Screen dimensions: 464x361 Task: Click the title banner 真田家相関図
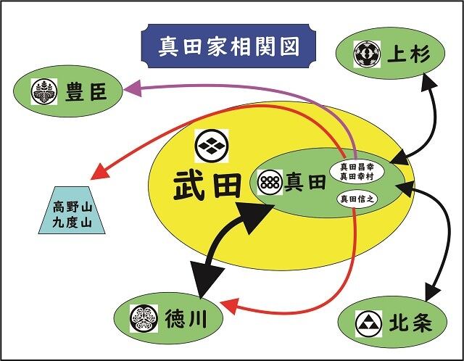pyautogui.click(x=228, y=46)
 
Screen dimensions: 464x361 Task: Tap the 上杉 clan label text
pyautogui.click(x=408, y=54)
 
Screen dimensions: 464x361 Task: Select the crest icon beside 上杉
pyautogui.click(x=367, y=54)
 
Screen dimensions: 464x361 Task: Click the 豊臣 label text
pyautogui.click(x=86, y=91)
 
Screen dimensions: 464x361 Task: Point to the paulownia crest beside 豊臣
pyautogui.click(x=44, y=92)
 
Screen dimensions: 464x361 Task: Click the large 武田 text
pyautogui.click(x=207, y=186)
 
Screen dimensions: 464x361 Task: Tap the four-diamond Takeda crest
pyautogui.click(x=212, y=146)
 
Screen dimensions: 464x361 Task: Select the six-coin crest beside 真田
pyautogui.click(x=270, y=182)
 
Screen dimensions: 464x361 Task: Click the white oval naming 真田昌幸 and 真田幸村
pyautogui.click(x=357, y=172)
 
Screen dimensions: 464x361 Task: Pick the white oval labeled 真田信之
pyautogui.click(x=357, y=199)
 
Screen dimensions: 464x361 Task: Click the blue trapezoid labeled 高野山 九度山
pyautogui.click(x=72, y=210)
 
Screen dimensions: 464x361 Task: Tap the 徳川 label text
pyautogui.click(x=186, y=318)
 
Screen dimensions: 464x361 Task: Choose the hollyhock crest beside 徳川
pyautogui.click(x=144, y=318)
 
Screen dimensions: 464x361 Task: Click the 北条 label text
pyautogui.click(x=410, y=323)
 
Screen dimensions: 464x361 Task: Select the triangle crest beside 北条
pyautogui.click(x=369, y=324)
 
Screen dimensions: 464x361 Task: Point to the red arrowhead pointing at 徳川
pyautogui.click(x=229, y=307)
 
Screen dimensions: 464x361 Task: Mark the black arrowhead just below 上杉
pyautogui.click(x=428, y=80)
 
